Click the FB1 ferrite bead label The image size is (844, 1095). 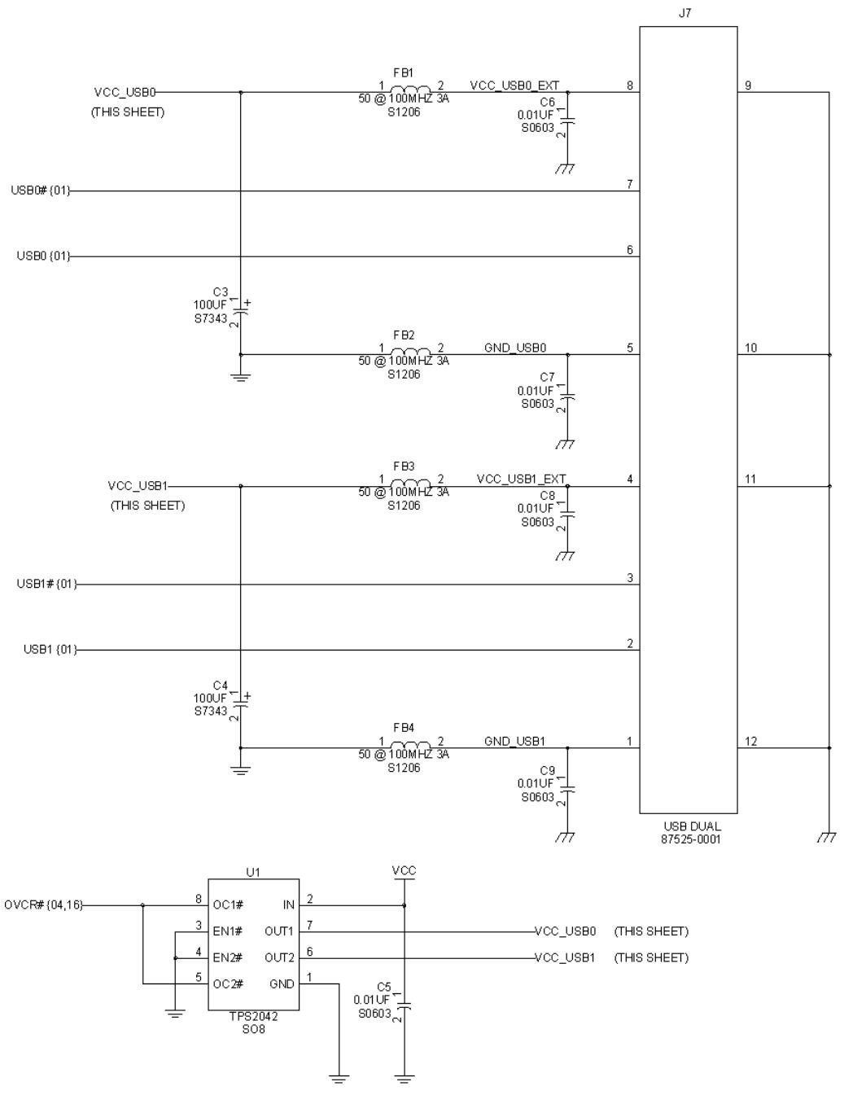click(x=404, y=73)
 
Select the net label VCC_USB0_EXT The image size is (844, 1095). click(x=514, y=85)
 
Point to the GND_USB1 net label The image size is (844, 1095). click(x=514, y=741)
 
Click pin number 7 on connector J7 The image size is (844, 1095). click(x=629, y=184)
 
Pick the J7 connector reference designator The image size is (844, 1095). click(x=684, y=13)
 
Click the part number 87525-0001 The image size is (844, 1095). click(x=690, y=839)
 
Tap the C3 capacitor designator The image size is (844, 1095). click(x=220, y=291)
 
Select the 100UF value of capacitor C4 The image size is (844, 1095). click(x=210, y=698)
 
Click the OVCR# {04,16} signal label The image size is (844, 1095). click(x=43, y=904)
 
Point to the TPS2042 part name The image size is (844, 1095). click(x=253, y=1016)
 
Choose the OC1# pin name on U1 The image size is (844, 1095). click(x=228, y=904)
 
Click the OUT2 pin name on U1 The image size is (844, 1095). click(x=279, y=957)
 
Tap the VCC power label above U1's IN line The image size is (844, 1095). click(x=404, y=870)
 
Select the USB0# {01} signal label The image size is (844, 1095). click(x=41, y=191)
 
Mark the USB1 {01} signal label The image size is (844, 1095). click(x=50, y=649)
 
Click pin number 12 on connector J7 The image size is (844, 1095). click(x=750, y=741)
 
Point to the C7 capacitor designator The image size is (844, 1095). click(x=547, y=377)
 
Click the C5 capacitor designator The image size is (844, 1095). click(x=383, y=987)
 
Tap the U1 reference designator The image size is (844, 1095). click(x=253, y=872)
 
